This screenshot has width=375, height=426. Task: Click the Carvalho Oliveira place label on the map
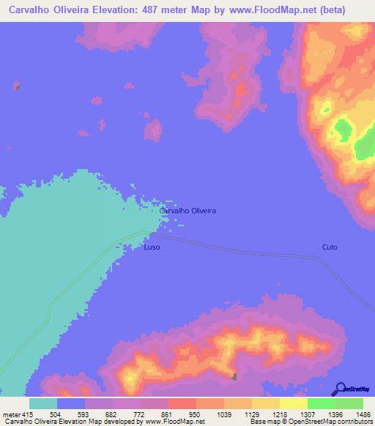[x=187, y=210]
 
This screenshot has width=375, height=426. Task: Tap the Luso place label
[x=152, y=247]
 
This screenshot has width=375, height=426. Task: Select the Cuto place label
[x=330, y=247]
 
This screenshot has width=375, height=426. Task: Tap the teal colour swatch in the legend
[x=43, y=403]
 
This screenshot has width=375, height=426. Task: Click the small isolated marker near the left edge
[x=17, y=87]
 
